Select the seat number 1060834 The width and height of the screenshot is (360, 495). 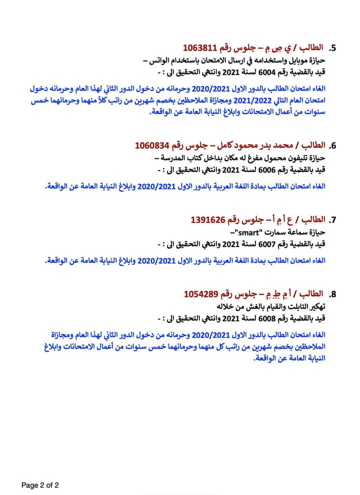click(153, 145)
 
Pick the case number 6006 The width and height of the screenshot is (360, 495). click(268, 169)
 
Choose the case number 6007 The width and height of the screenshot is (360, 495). click(268, 243)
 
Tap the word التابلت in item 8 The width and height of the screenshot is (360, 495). click(292, 305)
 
